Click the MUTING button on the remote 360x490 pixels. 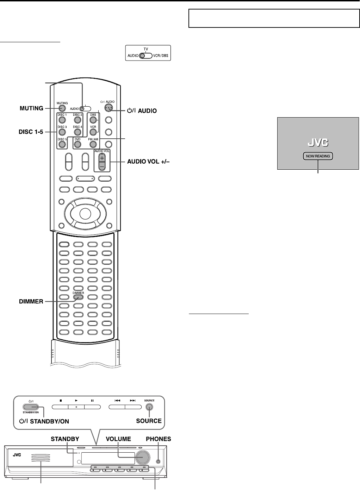click(62, 108)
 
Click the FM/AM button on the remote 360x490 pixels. click(93, 144)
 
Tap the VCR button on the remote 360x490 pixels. click(93, 132)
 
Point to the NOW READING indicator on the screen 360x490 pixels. click(318, 156)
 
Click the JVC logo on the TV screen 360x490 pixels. click(318, 143)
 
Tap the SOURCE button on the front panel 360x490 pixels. click(149, 407)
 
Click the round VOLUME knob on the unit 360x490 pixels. click(143, 457)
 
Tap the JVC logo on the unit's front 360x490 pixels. click(17, 454)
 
